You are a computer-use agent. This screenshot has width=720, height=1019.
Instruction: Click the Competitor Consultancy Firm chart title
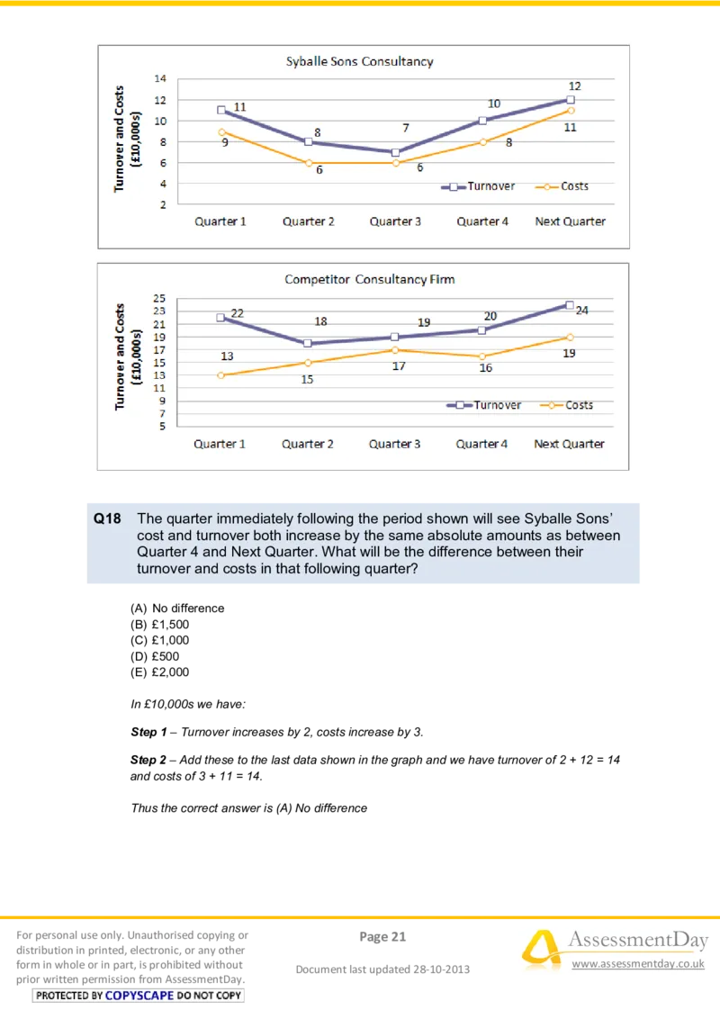click(x=369, y=279)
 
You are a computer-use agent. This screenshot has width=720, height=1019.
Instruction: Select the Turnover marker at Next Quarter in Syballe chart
click(x=571, y=100)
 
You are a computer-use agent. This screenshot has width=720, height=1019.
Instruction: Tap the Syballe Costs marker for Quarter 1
click(x=221, y=131)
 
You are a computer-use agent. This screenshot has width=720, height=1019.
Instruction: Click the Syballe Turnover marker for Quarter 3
click(x=395, y=152)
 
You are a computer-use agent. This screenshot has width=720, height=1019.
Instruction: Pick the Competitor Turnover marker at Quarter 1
click(x=220, y=318)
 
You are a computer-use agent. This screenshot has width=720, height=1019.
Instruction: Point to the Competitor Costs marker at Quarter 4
click(x=482, y=356)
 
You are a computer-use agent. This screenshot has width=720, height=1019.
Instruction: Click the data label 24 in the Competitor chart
click(x=581, y=311)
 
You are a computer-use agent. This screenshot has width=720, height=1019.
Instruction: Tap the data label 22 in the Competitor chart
click(x=238, y=313)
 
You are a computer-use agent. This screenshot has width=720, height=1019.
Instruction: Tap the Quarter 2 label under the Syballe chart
click(x=308, y=221)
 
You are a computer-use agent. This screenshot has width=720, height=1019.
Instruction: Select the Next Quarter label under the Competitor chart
click(x=569, y=444)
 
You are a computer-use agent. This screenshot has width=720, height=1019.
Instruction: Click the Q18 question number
click(x=107, y=519)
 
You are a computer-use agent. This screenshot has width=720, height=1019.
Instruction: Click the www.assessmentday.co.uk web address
click(x=637, y=964)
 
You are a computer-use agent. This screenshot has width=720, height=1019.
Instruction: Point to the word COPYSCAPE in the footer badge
click(x=139, y=996)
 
